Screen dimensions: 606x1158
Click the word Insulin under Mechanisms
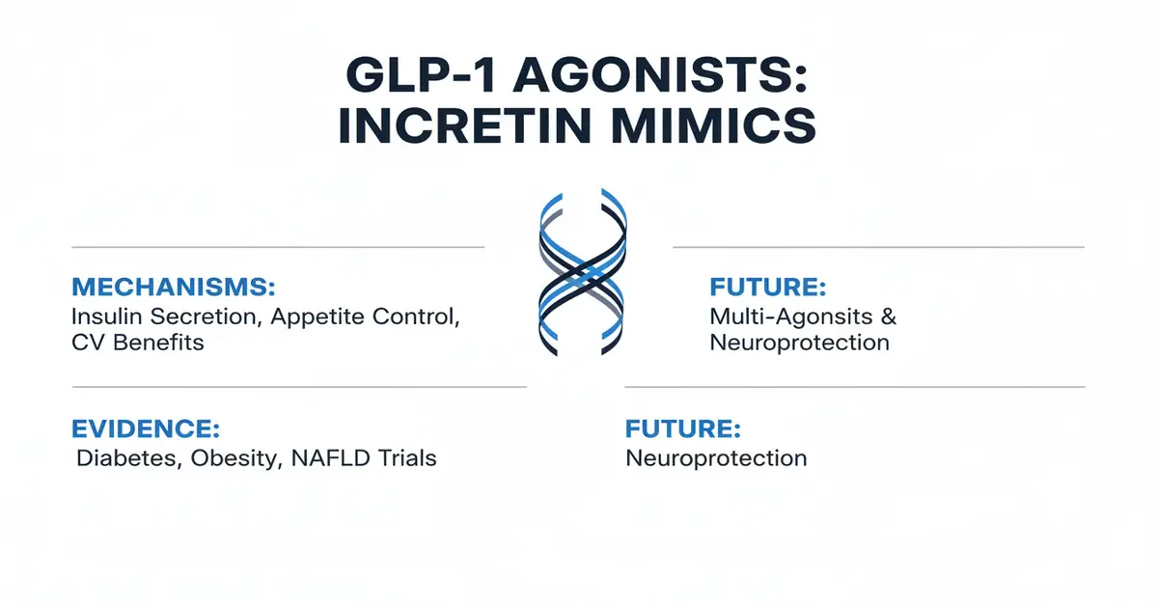104,317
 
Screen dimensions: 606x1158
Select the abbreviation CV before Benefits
87,343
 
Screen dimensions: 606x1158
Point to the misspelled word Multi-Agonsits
786,317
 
